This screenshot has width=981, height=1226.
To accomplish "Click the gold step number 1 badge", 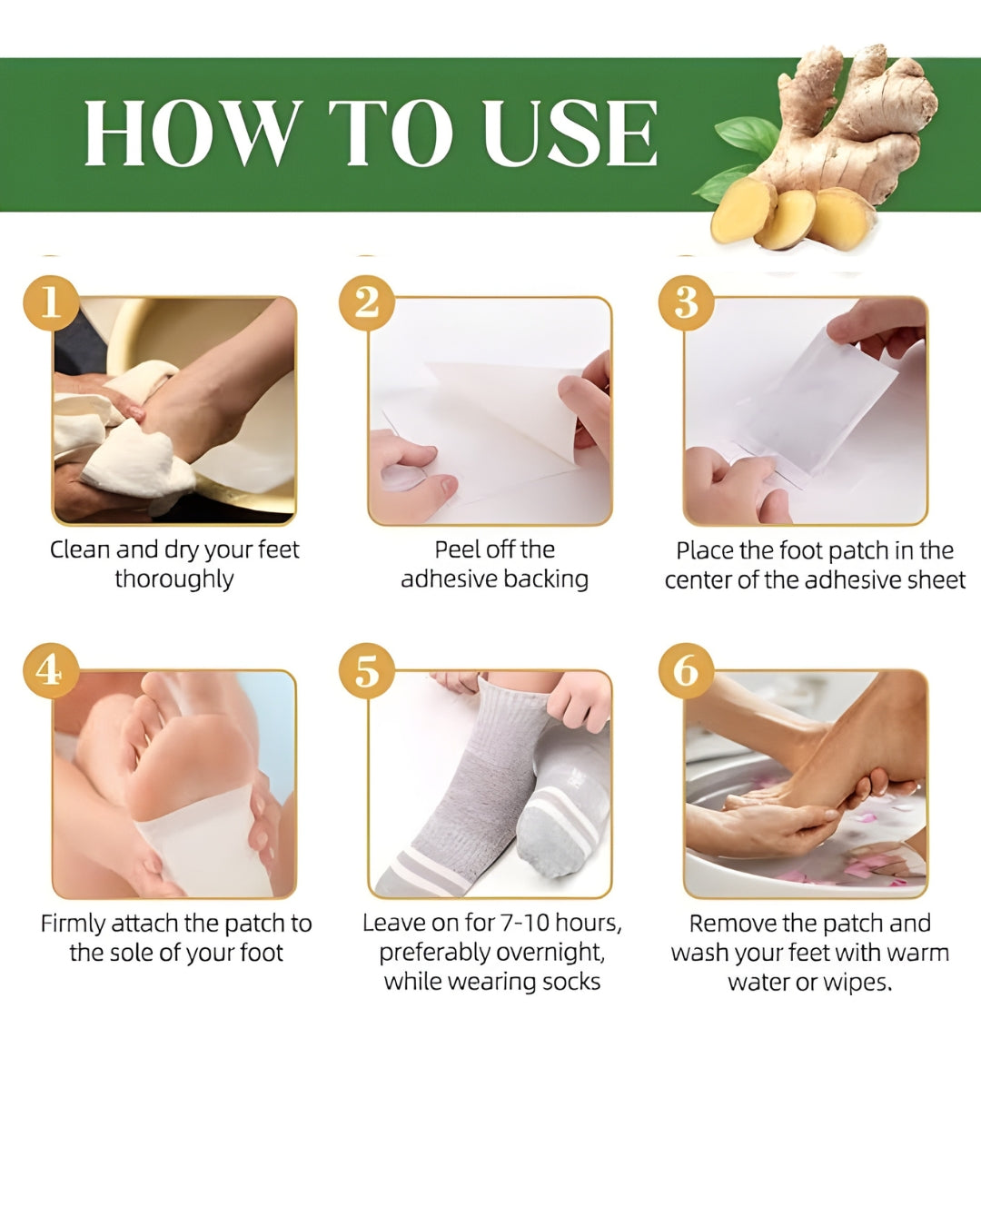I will [50, 302].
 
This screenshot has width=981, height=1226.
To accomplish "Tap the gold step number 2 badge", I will [366, 302].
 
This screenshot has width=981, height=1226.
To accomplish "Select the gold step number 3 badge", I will [686, 302].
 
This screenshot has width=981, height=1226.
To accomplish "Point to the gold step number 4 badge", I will [50, 671].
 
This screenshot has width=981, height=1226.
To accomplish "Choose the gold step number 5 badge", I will [366, 671].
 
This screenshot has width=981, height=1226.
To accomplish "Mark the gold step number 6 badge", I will [686, 671].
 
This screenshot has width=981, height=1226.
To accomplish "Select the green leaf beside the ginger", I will [747, 139].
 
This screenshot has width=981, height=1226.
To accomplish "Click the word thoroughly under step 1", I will [174, 579].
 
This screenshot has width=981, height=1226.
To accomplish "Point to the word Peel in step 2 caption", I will [457, 550].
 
